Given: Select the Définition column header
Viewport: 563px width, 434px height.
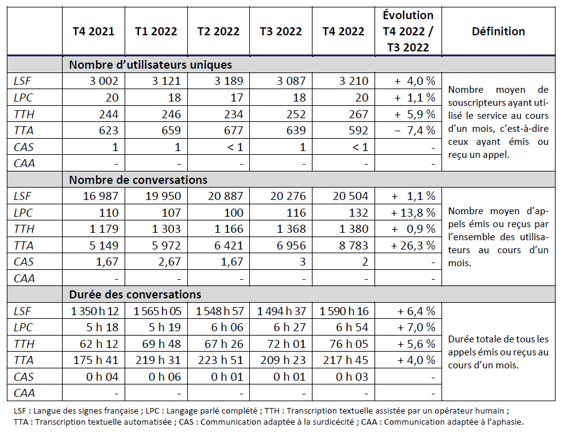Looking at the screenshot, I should coord(498,32).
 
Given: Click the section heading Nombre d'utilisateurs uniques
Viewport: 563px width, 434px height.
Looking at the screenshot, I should coord(150,64).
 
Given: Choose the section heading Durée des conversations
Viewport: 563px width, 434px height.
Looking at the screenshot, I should coord(135,295).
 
